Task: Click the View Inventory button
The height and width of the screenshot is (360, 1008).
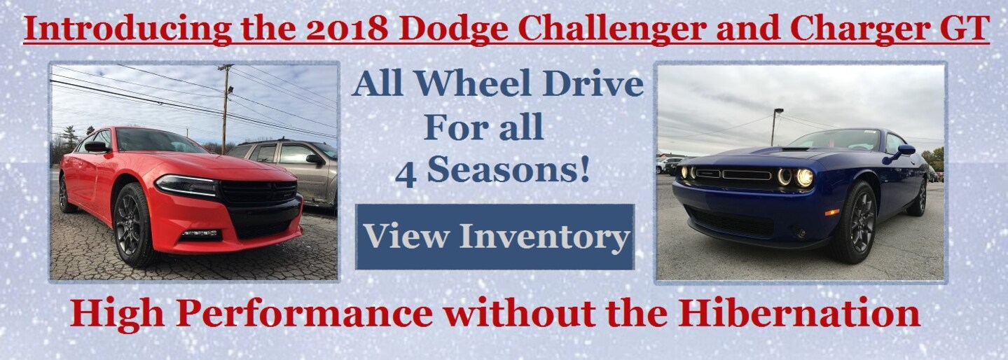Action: pyautogui.click(x=495, y=237)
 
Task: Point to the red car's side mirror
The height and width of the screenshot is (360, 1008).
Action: pyautogui.click(x=95, y=146)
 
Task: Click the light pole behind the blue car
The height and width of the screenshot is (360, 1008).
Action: pyautogui.click(x=775, y=126)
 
